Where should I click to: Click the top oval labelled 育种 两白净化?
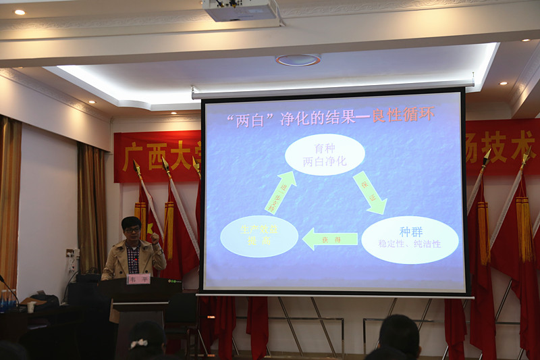point(325,154)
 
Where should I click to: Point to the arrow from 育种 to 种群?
point(370,192)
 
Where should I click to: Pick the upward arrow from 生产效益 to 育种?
point(280,192)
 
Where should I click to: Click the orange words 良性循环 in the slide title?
point(407,114)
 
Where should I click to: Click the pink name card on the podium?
point(138,278)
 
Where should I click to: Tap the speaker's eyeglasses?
point(132,229)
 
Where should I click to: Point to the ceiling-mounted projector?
point(240,10)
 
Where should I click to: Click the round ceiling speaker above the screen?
point(298,59)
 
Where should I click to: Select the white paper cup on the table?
point(31,307)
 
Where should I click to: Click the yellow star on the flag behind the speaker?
point(150,230)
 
